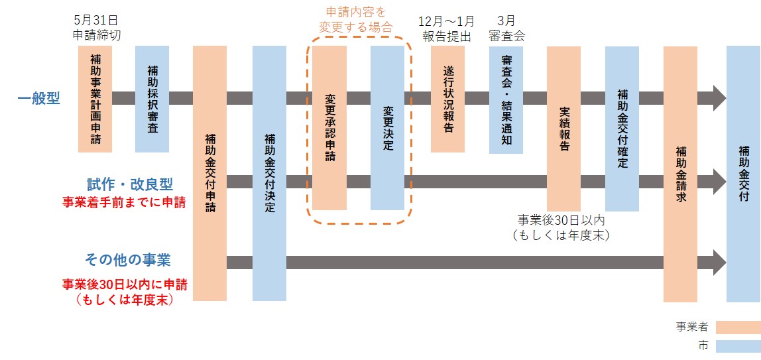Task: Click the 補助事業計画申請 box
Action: pyautogui.click(x=95, y=99)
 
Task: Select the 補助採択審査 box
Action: pyautogui.click(x=152, y=99)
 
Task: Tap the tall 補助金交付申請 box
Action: pyautogui.click(x=209, y=172)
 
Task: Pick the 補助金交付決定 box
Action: pyautogui.click(x=269, y=172)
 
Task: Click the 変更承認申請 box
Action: pyautogui.click(x=329, y=127)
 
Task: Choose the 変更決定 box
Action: pyautogui.click(x=387, y=127)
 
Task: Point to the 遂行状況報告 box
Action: pyautogui.click(x=447, y=99)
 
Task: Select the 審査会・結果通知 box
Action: pyautogui.click(x=506, y=99)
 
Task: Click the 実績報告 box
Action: pyautogui.click(x=563, y=127)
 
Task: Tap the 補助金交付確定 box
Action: pyautogui.click(x=622, y=128)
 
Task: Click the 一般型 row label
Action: pyautogui.click(x=39, y=99)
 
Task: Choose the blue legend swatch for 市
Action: pyautogui.click(x=738, y=346)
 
